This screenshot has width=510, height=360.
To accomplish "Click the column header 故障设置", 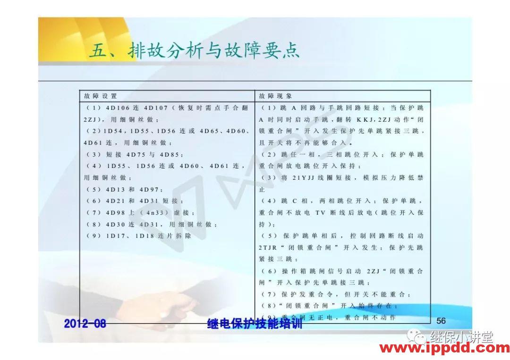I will [100, 96].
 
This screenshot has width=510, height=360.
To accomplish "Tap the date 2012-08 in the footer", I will [85, 324].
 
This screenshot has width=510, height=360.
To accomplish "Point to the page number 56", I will [441, 321].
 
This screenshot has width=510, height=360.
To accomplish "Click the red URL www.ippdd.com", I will [444, 349].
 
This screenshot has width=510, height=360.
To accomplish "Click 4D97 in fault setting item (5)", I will [151, 189].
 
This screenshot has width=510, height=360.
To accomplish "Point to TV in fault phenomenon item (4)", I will [321, 213].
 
